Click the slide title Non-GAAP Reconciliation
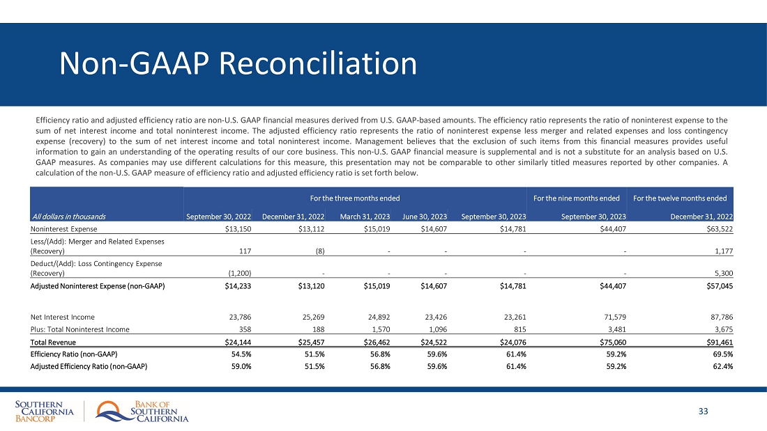tap(238, 64)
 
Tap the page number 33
tap(703, 412)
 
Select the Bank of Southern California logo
tap(143, 412)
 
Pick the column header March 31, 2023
tap(365, 216)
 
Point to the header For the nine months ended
tap(576, 198)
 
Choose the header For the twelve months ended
tap(680, 198)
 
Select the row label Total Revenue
tap(53, 342)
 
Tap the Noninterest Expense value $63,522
tap(717, 228)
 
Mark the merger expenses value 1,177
tap(722, 251)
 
